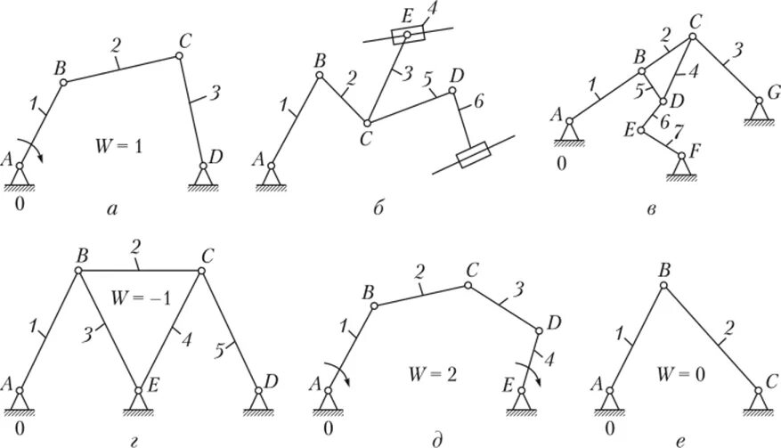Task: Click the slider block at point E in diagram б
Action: click(408, 36)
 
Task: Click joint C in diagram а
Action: click(179, 56)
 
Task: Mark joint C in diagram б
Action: click(365, 122)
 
